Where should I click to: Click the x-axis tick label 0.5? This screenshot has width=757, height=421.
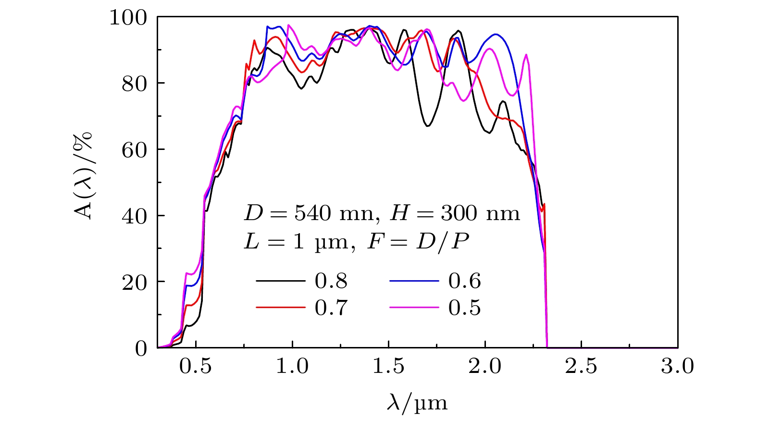point(196,367)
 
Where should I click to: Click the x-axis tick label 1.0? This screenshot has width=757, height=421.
point(292,367)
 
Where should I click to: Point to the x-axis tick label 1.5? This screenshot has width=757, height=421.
point(388,367)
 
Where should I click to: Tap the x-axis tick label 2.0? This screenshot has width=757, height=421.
point(485,367)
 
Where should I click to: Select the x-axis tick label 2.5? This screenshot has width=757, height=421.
point(582,367)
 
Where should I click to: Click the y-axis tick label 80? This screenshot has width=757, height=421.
point(135,84)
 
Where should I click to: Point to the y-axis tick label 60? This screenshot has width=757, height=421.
point(135,150)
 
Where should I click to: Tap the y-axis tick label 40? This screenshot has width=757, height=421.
point(135,216)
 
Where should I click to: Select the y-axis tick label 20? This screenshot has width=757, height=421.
point(135,282)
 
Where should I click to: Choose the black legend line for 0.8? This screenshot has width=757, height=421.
point(280,280)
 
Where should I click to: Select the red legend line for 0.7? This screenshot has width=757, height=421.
point(280,307)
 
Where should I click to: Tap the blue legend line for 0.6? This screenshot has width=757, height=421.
point(414,280)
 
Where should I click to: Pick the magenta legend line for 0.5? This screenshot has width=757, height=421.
point(414,307)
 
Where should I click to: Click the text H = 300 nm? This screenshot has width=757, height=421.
point(455,213)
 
